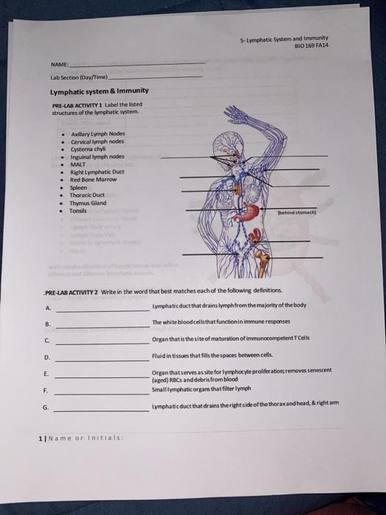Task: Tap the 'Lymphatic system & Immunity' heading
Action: [99, 90]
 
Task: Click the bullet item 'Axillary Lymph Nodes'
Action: [98, 134]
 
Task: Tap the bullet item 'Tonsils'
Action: [79, 210]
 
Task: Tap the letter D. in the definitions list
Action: [47, 358]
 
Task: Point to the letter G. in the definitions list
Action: [48, 407]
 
